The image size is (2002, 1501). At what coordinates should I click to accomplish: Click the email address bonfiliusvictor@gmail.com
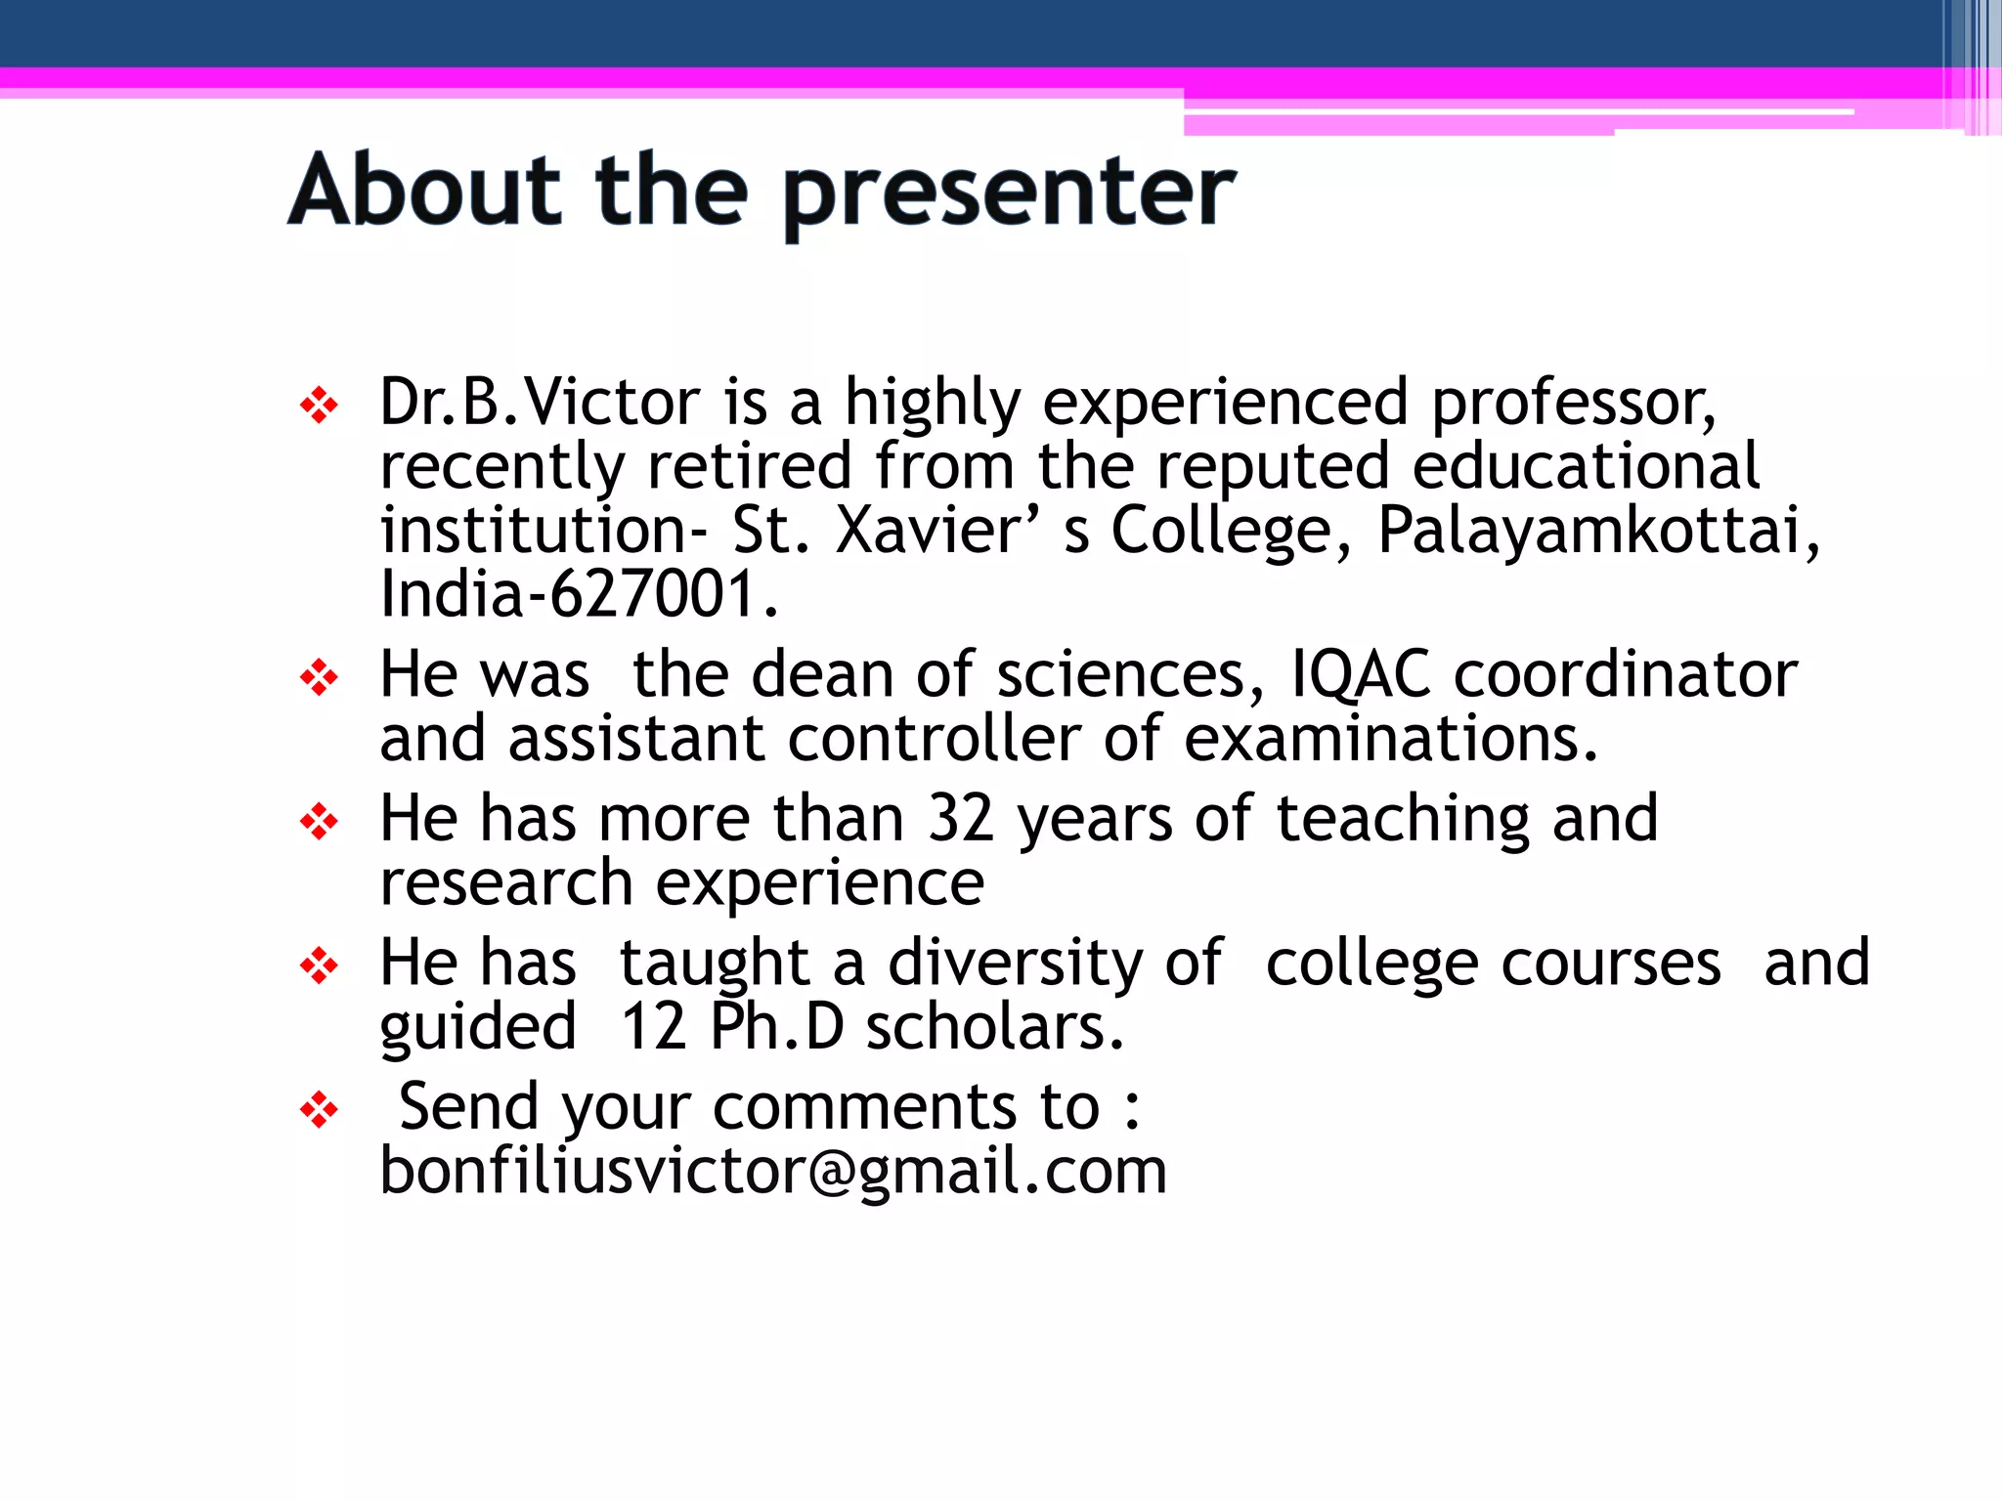point(773,1171)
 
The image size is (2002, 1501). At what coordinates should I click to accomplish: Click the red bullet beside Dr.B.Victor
point(319,405)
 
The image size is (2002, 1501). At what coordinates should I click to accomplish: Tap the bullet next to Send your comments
point(319,1110)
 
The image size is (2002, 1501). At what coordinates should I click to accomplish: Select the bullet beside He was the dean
point(319,677)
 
